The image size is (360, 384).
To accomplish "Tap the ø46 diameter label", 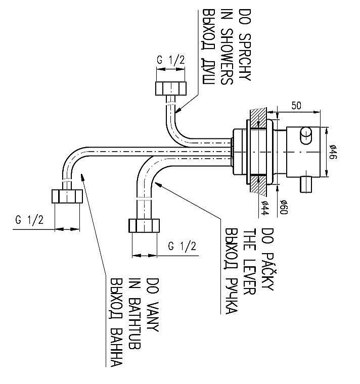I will pos(333,153).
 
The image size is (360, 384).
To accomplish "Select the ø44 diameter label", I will pos(264,208).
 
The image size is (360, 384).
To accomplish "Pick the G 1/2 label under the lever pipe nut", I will pos(182,246).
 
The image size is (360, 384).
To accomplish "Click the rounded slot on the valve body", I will pos(306,135).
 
